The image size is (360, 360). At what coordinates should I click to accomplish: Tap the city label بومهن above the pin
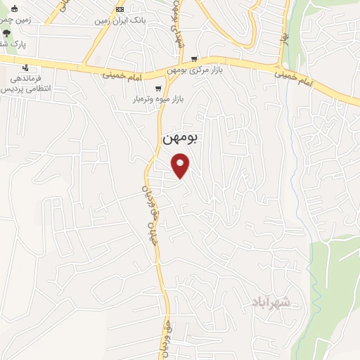181,139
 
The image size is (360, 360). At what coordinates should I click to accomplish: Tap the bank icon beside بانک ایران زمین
120,10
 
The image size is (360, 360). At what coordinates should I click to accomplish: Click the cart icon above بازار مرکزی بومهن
194,60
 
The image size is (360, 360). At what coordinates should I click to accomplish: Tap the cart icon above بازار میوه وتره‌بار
158,89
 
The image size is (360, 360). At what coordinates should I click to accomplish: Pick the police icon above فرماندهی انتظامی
26,67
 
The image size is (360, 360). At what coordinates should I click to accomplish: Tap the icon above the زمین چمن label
15,8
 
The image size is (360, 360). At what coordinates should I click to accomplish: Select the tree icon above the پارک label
6,33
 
